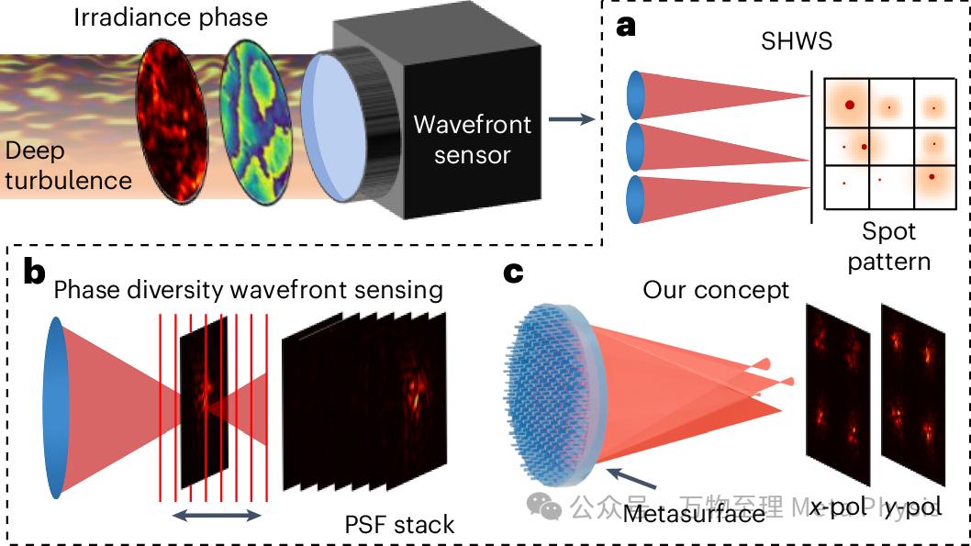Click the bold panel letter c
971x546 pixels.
[515, 273]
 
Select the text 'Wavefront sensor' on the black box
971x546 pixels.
[472, 139]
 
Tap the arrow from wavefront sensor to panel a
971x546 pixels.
[569, 118]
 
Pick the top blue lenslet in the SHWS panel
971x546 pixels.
[636, 95]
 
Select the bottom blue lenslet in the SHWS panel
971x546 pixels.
[636, 199]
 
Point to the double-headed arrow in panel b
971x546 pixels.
[218, 516]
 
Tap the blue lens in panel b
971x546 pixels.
[56, 407]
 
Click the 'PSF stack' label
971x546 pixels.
[399, 525]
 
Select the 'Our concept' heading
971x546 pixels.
[716, 291]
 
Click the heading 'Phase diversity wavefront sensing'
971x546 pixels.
[248, 291]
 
